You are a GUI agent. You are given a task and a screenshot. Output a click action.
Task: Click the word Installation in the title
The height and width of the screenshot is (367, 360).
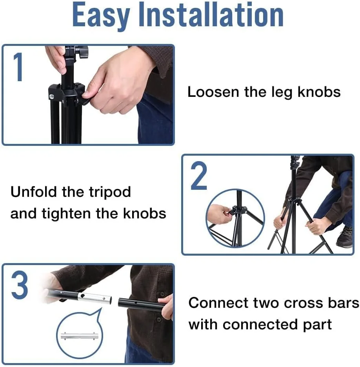[211, 15]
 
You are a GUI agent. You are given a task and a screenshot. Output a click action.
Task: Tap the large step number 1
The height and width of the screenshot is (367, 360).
[18, 67]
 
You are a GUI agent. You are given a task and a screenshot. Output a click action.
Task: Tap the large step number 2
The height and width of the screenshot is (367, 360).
[199, 176]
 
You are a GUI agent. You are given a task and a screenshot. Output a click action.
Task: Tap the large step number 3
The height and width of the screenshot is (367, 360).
[20, 285]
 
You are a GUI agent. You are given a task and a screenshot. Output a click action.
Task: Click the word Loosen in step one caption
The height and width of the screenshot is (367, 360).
[213, 92]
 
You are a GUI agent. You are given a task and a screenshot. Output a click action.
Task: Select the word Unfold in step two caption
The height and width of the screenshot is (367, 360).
[34, 192]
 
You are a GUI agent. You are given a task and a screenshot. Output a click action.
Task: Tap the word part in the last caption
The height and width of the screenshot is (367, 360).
[317, 325]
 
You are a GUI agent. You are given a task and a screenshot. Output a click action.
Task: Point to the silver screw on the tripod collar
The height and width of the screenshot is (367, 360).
[51, 96]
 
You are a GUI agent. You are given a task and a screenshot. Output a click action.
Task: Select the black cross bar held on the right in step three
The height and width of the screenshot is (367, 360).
[140, 305]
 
